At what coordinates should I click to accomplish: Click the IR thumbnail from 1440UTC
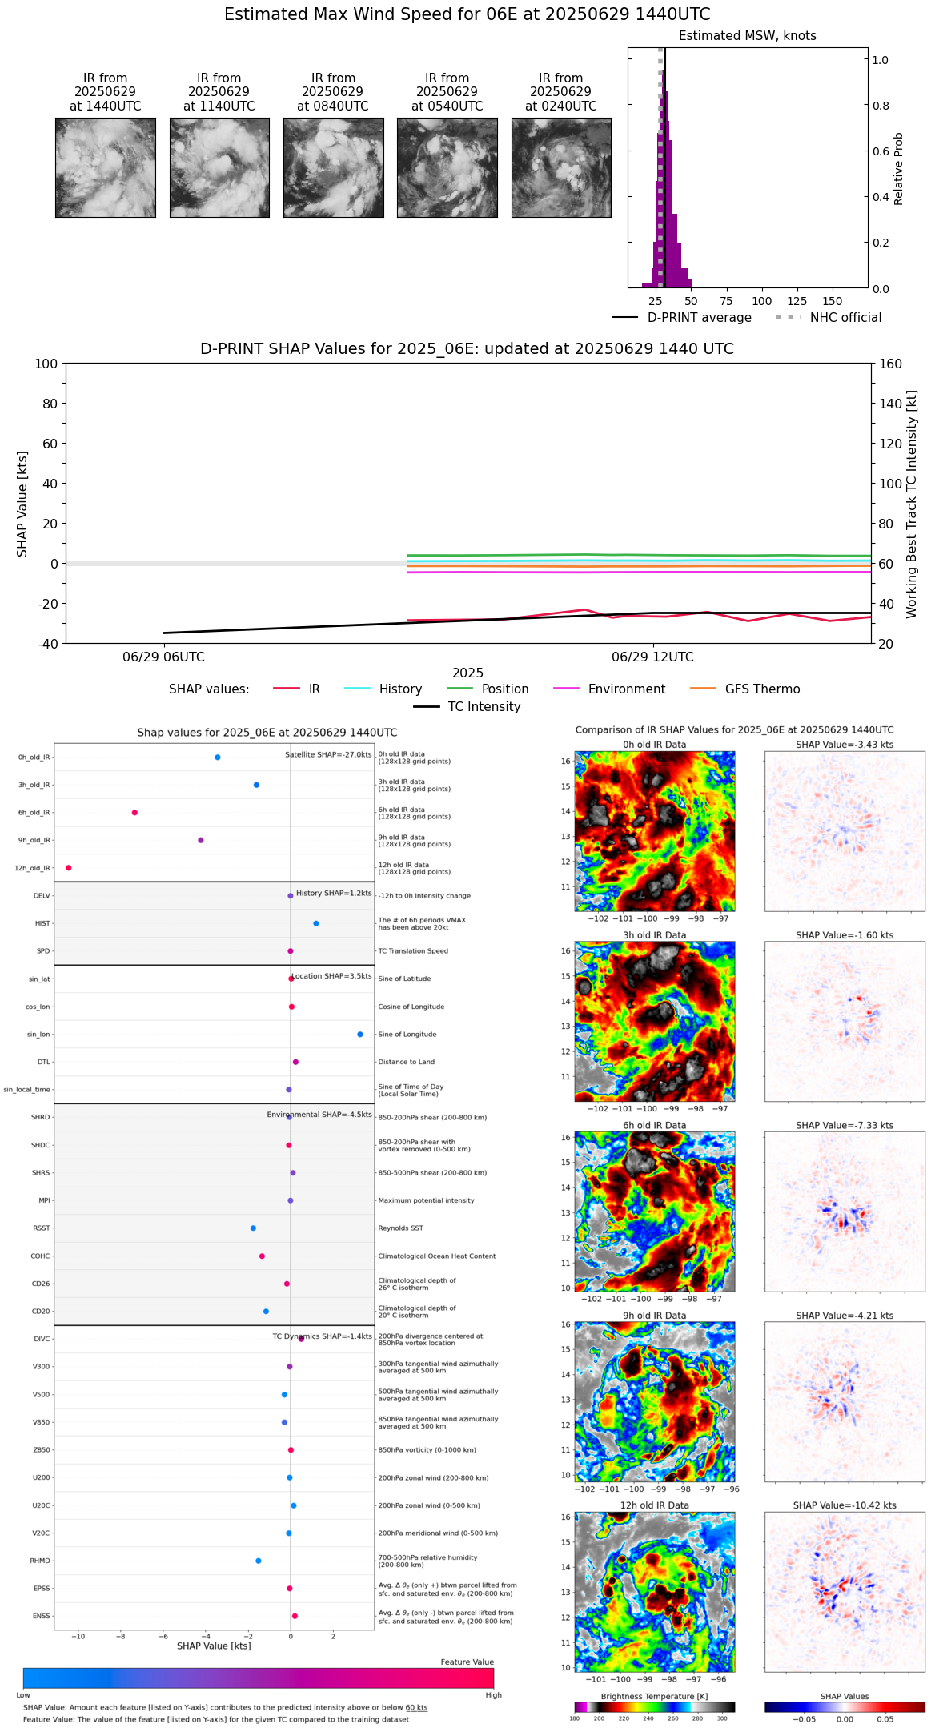click(106, 167)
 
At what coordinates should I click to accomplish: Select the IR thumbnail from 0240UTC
click(561, 167)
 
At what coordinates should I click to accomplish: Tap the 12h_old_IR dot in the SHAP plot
click(69, 868)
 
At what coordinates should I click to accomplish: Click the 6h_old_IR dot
click(134, 813)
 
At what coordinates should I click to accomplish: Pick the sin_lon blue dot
click(360, 1035)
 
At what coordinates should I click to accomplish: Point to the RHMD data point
click(258, 1561)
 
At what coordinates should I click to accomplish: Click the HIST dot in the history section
click(316, 923)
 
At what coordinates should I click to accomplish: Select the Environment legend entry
click(626, 689)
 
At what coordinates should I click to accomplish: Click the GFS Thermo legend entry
click(762, 689)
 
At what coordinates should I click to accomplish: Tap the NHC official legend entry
click(845, 318)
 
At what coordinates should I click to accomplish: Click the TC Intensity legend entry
click(484, 707)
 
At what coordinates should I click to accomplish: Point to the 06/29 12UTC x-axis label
click(652, 657)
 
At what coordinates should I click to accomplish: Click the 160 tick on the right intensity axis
click(890, 364)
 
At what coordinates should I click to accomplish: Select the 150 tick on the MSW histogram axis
click(833, 302)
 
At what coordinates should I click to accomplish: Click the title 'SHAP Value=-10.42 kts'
click(845, 1505)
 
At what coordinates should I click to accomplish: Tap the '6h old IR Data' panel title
click(654, 1125)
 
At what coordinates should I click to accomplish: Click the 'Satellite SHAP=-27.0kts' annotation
click(328, 754)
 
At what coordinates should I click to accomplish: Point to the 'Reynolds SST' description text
click(400, 1228)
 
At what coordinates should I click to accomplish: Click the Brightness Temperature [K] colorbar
click(654, 1707)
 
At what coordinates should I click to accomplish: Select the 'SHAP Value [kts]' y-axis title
click(22, 504)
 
